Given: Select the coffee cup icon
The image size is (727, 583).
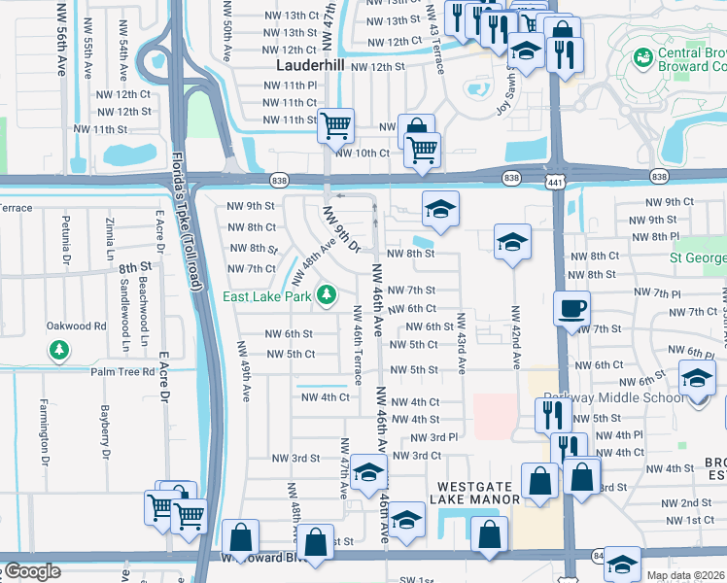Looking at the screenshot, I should [571, 309].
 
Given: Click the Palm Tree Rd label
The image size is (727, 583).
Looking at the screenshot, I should [122, 371].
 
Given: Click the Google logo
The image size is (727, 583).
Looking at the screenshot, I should [31, 571].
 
